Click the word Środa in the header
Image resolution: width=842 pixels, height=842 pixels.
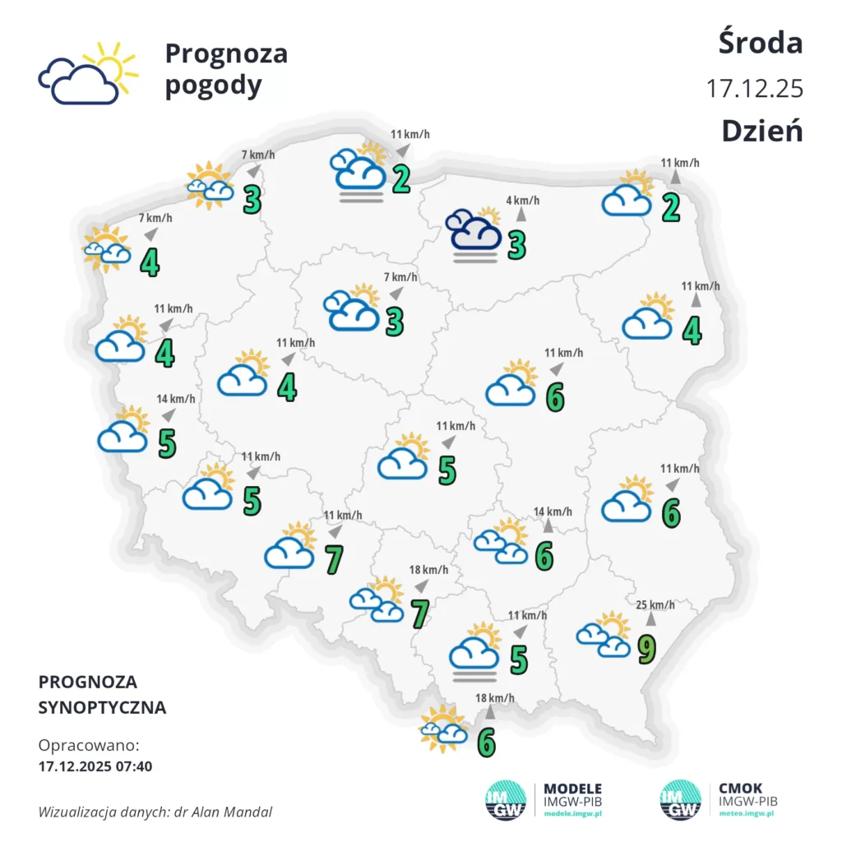pyautogui.click(x=761, y=43)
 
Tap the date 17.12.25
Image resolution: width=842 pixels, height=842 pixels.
pyautogui.click(x=754, y=88)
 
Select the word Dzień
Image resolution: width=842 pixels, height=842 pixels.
pyautogui.click(x=761, y=131)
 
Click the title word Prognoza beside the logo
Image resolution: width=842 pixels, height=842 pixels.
pyautogui.click(x=226, y=53)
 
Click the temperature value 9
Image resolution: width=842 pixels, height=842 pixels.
pyautogui.click(x=647, y=650)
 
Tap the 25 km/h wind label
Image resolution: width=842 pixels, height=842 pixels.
pyautogui.click(x=655, y=606)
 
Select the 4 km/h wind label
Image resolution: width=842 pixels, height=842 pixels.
pyautogui.click(x=522, y=200)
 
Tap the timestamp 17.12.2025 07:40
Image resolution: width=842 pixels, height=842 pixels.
pyautogui.click(x=95, y=766)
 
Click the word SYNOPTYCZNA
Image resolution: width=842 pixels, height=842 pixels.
pyautogui.click(x=102, y=707)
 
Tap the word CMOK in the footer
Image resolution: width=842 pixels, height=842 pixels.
pyautogui.click(x=740, y=789)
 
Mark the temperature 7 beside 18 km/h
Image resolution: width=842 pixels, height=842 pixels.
pyautogui.click(x=419, y=613)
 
